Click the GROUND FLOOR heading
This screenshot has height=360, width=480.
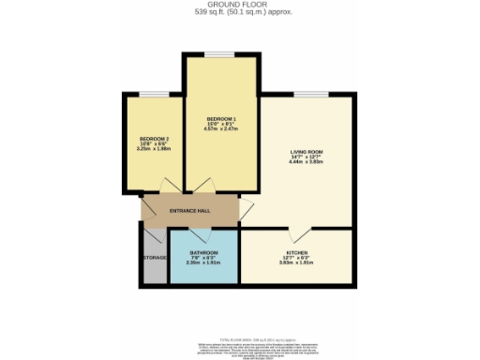(x=239, y=6)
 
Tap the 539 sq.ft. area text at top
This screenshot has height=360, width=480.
(x=239, y=14)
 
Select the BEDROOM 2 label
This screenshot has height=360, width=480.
(x=154, y=138)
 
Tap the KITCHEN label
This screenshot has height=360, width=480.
(x=297, y=254)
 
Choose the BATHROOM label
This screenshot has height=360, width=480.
(x=204, y=253)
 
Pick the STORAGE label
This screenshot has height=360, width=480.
(x=155, y=257)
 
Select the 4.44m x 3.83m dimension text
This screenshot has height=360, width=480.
(x=307, y=161)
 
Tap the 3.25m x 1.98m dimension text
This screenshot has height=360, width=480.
(x=154, y=149)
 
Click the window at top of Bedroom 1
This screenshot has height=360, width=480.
(x=221, y=54)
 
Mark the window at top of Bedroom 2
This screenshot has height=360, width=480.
(x=154, y=93)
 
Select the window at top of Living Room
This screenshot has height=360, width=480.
(x=307, y=93)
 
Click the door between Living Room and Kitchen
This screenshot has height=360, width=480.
(x=296, y=232)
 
